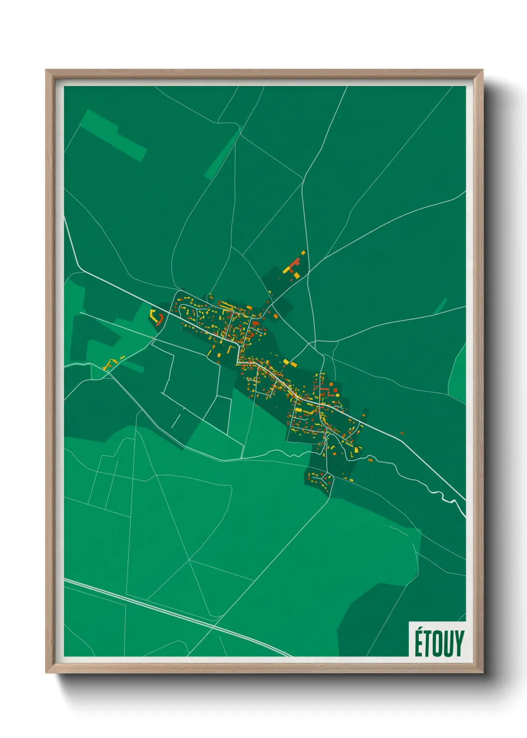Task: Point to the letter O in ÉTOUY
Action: [439, 643]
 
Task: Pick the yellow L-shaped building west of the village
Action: [152, 314]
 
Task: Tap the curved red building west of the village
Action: [160, 319]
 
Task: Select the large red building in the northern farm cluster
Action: [294, 264]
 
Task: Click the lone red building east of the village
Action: [401, 433]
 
